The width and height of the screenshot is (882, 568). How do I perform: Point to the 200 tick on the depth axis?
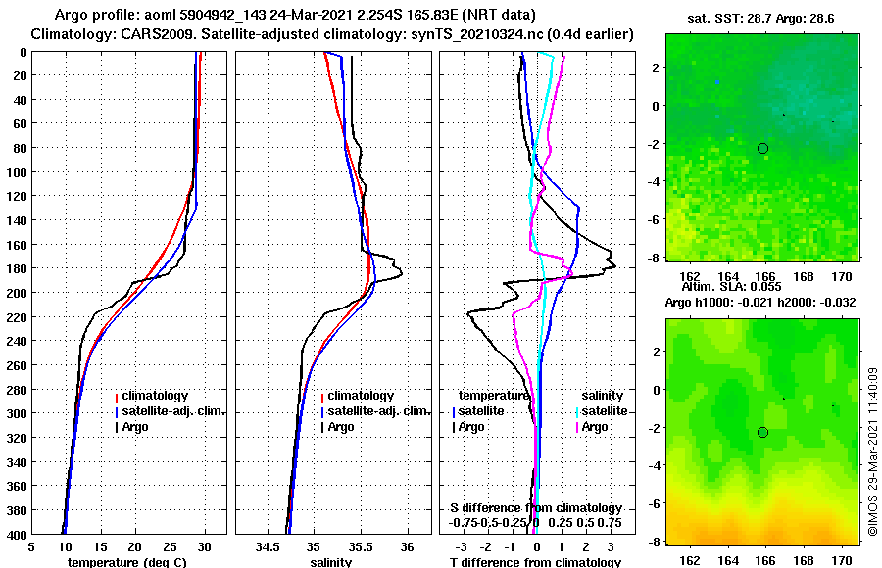tap(19, 293)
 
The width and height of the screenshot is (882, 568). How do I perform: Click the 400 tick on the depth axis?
tap(19, 534)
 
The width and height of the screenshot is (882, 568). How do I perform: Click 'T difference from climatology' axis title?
tap(532, 562)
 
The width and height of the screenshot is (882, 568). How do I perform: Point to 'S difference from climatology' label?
tap(535, 508)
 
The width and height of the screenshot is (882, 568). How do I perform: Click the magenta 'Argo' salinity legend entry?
tap(594, 427)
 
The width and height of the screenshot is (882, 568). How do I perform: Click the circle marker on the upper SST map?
tap(762, 148)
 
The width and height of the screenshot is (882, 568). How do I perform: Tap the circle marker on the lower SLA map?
tap(762, 432)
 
